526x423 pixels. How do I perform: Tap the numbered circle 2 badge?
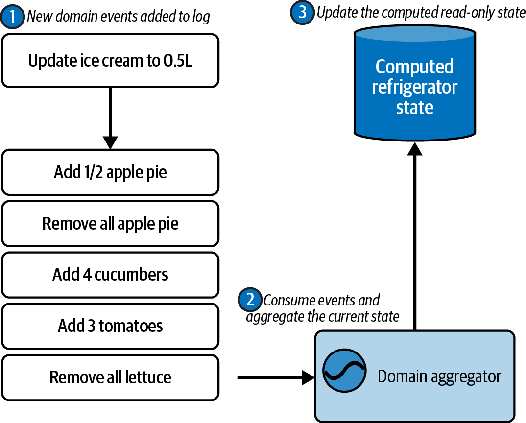pyautogui.click(x=250, y=300)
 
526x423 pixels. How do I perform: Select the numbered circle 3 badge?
pyautogui.click(x=302, y=12)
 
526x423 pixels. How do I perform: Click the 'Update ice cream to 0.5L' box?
pyautogui.click(x=110, y=61)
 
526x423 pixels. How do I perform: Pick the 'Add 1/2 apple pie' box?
pyautogui.click(x=110, y=172)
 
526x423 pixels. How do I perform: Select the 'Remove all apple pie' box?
pyautogui.click(x=110, y=223)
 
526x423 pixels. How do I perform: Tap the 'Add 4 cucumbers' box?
pyautogui.click(x=110, y=274)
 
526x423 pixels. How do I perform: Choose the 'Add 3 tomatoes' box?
pyautogui.click(x=110, y=326)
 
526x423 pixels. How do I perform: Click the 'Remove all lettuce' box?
pyautogui.click(x=110, y=377)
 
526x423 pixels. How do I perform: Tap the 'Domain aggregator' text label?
pyautogui.click(x=439, y=377)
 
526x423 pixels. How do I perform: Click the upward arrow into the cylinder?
pyautogui.click(x=415, y=235)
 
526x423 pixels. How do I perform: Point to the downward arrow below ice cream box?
pyautogui.click(x=110, y=117)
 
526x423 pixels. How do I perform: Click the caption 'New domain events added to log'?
pyautogui.click(x=118, y=17)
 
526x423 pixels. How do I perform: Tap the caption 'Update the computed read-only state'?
pyautogui.click(x=421, y=12)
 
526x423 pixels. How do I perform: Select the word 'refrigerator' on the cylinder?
pyautogui.click(x=414, y=87)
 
